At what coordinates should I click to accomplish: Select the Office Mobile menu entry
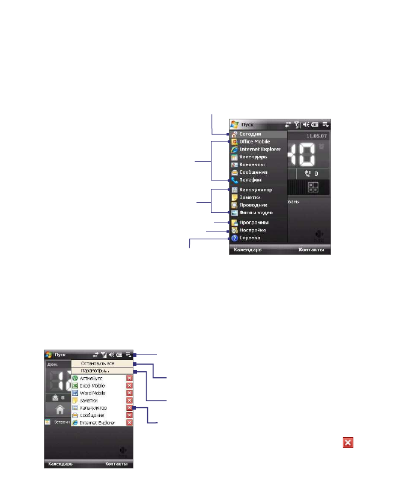[254, 142]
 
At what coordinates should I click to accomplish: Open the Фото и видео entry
[255, 213]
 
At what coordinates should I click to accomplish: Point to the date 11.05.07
[317, 136]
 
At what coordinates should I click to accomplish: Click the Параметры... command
[95, 371]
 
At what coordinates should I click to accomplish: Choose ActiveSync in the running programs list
[93, 378]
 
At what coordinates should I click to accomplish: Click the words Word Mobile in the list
[93, 393]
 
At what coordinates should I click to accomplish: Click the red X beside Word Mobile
[129, 393]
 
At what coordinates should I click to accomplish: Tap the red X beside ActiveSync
[129, 378]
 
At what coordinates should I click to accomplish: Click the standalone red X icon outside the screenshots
[348, 442]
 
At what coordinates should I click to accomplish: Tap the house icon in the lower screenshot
[59, 411]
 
